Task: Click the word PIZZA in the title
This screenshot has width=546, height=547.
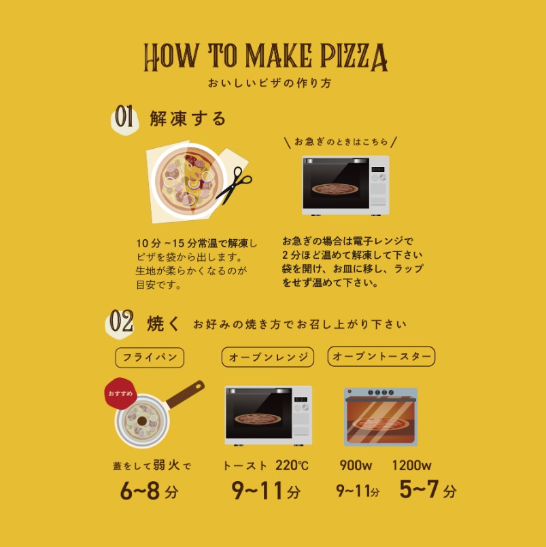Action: pos(354,56)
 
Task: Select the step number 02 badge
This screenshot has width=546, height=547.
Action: pos(120,322)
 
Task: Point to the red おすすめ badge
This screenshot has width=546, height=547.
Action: pos(121,393)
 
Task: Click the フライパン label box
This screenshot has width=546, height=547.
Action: pos(150,357)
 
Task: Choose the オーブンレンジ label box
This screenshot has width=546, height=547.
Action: pos(268,357)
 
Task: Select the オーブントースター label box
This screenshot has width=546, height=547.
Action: pos(381,356)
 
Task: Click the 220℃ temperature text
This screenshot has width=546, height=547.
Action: pos(292,465)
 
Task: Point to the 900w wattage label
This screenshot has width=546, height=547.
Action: pos(356,465)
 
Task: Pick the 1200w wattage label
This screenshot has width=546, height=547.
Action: pos(411,465)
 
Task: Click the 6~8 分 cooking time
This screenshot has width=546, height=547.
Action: pos(149,490)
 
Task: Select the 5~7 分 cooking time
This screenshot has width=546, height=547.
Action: pos(428,489)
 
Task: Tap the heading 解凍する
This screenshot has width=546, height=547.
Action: pos(188,119)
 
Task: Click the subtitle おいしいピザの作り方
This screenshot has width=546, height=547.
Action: pos(269,83)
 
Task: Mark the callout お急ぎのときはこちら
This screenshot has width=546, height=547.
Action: pos(341,141)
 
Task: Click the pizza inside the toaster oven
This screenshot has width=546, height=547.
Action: pos(380,424)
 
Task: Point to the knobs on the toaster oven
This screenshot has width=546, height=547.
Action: pos(381,393)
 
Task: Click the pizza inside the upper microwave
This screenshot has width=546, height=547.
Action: pos(335,189)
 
